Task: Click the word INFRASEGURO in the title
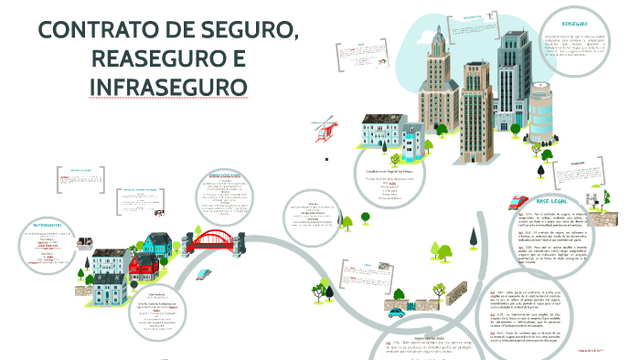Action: [169, 88]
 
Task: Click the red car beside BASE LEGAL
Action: [517, 202]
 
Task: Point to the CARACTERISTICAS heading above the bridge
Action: [223, 175]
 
